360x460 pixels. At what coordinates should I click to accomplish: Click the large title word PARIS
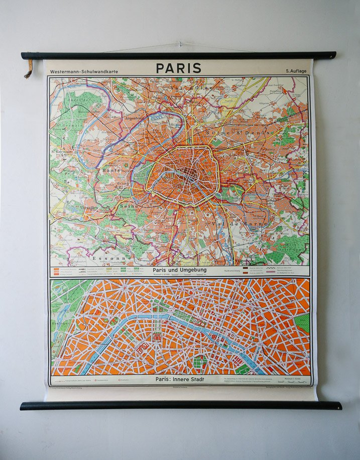pos(178,68)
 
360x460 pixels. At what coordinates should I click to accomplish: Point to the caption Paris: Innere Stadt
pos(179,380)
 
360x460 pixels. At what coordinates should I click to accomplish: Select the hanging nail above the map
pos(180,45)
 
